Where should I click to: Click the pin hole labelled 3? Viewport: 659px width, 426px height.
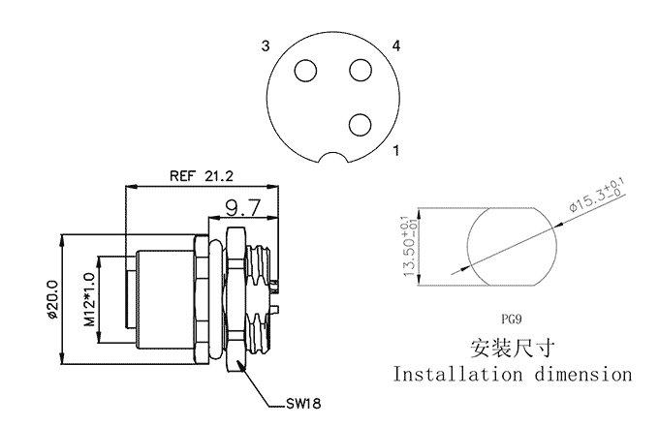(x=305, y=71)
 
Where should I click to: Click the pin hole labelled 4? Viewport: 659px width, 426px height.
(x=361, y=70)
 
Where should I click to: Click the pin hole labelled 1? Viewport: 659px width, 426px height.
(x=361, y=125)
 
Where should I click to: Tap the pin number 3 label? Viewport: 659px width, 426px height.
(x=266, y=46)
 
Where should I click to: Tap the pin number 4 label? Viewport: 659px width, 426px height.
(x=396, y=46)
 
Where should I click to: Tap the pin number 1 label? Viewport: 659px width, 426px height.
(x=395, y=150)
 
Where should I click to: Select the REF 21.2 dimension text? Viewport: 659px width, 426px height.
(x=201, y=176)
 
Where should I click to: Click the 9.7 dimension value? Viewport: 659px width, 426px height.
(x=243, y=208)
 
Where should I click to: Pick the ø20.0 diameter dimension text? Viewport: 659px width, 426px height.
(x=52, y=299)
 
